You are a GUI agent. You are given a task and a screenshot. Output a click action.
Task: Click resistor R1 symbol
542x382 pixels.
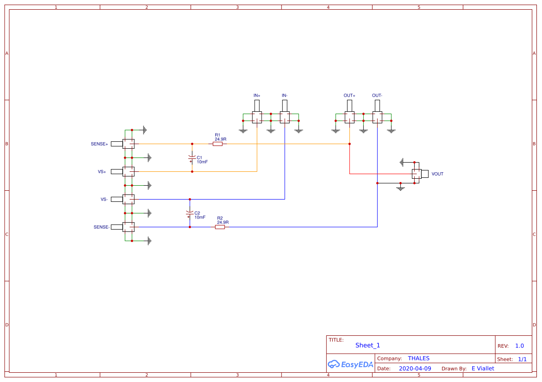pyautogui.click(x=218, y=144)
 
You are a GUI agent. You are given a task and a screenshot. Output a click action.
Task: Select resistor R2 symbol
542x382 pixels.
pyautogui.click(x=220, y=227)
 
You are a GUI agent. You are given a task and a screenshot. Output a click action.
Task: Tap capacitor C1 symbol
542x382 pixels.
pyautogui.click(x=192, y=158)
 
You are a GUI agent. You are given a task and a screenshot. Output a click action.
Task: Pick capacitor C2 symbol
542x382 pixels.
pyautogui.click(x=189, y=214)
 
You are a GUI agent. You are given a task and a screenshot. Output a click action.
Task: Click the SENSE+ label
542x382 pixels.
pyautogui.click(x=99, y=144)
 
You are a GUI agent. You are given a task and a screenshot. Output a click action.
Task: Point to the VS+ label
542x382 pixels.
pyautogui.click(x=102, y=172)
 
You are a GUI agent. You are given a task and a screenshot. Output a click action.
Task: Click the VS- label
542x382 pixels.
pyautogui.click(x=104, y=200)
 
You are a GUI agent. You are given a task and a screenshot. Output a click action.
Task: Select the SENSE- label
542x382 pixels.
pyautogui.click(x=101, y=227)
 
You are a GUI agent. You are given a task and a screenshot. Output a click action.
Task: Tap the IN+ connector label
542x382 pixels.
pyautogui.click(x=257, y=96)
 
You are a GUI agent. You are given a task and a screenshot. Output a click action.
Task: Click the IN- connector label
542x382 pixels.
pyautogui.click(x=285, y=96)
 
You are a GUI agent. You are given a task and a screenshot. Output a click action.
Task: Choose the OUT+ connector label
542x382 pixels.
pyautogui.click(x=349, y=96)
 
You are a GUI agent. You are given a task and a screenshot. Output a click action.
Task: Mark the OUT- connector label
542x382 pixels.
pyautogui.click(x=377, y=96)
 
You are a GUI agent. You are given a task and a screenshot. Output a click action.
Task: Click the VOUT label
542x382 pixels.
pyautogui.click(x=437, y=174)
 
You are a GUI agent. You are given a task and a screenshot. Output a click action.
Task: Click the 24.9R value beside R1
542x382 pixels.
pyautogui.click(x=220, y=139)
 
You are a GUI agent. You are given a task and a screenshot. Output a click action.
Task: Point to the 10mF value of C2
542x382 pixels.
pyautogui.click(x=200, y=217)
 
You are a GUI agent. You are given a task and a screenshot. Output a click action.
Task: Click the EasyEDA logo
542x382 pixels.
pyautogui.click(x=350, y=364)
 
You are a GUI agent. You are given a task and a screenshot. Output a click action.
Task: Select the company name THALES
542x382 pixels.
pyautogui.click(x=418, y=358)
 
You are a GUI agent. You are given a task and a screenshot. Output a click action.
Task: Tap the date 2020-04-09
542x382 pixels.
pyautogui.click(x=415, y=369)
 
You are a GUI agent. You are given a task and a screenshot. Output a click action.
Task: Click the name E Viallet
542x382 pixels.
pyautogui.click(x=483, y=369)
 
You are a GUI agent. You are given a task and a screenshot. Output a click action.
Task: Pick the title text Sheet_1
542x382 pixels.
pyautogui.click(x=368, y=346)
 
